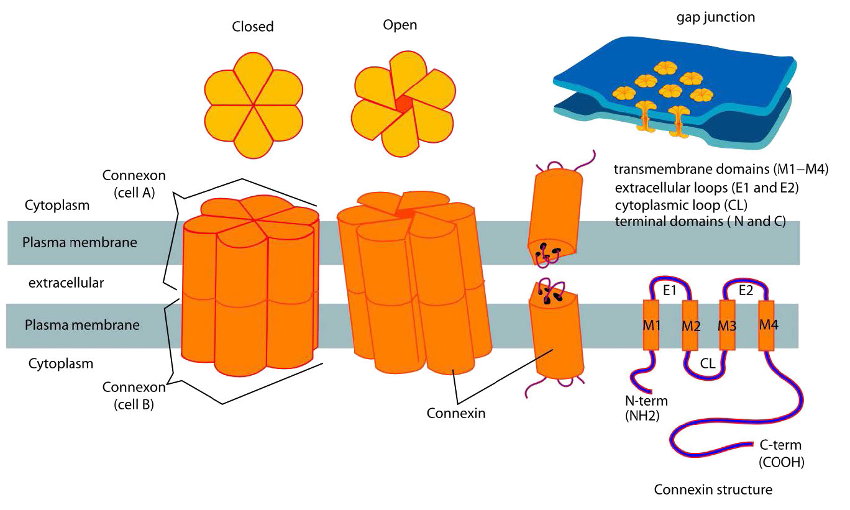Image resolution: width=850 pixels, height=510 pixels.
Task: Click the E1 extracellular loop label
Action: click(x=670, y=289)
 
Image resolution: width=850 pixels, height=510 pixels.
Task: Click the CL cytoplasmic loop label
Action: click(x=708, y=364)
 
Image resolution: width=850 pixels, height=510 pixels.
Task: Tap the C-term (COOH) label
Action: click(x=781, y=453)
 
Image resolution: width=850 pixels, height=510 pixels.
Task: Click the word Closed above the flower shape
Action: click(x=253, y=27)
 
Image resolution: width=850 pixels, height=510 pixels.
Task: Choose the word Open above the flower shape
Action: click(x=400, y=25)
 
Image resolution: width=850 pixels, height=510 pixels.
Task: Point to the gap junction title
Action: click(x=715, y=17)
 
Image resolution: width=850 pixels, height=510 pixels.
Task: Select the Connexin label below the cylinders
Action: click(x=456, y=412)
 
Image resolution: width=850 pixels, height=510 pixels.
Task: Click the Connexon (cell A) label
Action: click(x=134, y=183)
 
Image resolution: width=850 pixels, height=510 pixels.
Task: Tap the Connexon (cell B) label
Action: click(x=134, y=396)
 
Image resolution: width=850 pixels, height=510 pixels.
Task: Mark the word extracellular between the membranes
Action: click(x=66, y=283)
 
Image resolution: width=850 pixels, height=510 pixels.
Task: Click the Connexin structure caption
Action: click(x=713, y=490)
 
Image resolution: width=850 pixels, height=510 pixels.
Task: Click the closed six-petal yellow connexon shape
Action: click(x=253, y=105)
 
